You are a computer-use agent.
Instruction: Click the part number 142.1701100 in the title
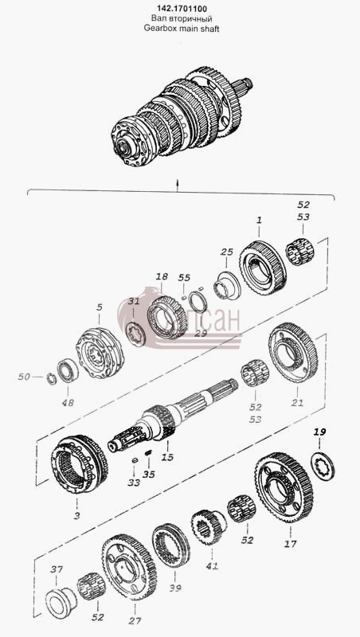pos(179,9)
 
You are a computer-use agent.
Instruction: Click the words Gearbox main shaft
pos(182,29)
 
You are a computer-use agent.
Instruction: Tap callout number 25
pos(227,252)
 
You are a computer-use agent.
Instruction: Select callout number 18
pos(162,276)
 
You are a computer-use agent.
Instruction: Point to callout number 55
pos(184,277)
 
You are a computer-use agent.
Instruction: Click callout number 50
pos(24,377)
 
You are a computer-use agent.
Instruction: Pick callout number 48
pos(68,403)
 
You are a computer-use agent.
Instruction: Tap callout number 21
pos(297,403)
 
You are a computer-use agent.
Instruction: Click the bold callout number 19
pos(319,432)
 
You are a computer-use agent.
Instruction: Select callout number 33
pos(134,483)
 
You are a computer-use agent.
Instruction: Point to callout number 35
pos(149,474)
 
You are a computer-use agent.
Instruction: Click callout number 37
pos(57,569)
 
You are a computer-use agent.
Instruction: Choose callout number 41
pos(212,565)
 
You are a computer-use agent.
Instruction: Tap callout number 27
pos(135,620)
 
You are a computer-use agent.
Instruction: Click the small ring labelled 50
pos(51,380)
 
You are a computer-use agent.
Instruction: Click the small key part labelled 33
pos(135,460)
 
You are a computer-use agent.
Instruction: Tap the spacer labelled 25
pos(227,286)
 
